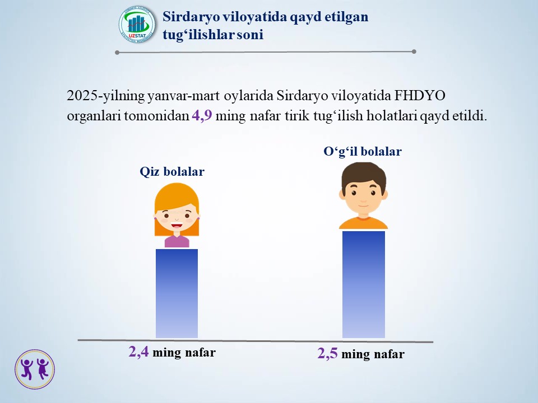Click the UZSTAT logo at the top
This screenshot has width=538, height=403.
tap(137, 24)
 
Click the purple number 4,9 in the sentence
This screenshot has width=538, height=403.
tap(202, 116)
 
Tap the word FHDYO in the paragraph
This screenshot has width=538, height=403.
tap(420, 95)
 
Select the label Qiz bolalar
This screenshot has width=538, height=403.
tap(172, 171)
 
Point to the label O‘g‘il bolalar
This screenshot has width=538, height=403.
tap(363, 152)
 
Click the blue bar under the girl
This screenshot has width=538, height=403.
tap(177, 293)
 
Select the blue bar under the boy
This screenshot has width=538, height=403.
tap(364, 284)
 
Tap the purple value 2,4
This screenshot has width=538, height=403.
tap(138, 352)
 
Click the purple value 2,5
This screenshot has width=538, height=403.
tap(327, 353)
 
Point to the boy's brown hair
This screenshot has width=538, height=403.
tap(364, 174)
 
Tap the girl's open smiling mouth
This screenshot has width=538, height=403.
tap(177, 226)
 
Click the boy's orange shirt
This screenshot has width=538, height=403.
tap(363, 223)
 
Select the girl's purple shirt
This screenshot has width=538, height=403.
tap(177, 242)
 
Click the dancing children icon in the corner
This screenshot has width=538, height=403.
tap(35, 369)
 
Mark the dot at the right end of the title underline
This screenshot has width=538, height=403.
tap(414, 51)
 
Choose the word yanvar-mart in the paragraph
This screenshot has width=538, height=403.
tap(184, 96)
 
